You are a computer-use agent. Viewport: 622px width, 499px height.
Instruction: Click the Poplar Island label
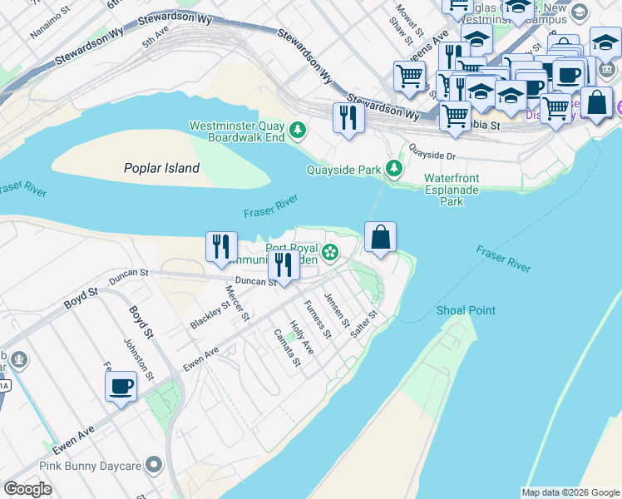pyautogui.click(x=162, y=168)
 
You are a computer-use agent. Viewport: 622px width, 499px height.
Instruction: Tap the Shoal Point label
pyautogui.click(x=466, y=310)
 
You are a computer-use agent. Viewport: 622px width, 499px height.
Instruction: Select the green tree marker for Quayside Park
pyautogui.click(x=395, y=170)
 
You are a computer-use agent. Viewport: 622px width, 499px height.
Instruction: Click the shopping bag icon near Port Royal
pyautogui.click(x=380, y=238)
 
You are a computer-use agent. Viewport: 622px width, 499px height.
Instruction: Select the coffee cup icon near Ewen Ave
pyautogui.click(x=121, y=387)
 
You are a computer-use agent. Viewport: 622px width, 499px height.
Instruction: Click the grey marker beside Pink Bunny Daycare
pyautogui.click(x=153, y=464)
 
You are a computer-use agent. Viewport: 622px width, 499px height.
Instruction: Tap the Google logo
pyautogui.click(x=28, y=489)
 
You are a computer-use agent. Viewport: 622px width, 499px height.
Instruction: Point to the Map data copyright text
pyautogui.click(x=570, y=492)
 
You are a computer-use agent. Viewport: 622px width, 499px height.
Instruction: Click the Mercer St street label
pyautogui.click(x=237, y=303)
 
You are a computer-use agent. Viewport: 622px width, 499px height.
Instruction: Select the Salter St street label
pyautogui.click(x=365, y=324)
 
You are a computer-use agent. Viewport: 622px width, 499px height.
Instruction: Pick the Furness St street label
pyautogui.click(x=318, y=319)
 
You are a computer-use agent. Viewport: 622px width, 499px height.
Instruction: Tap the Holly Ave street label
pyautogui.click(x=301, y=338)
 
